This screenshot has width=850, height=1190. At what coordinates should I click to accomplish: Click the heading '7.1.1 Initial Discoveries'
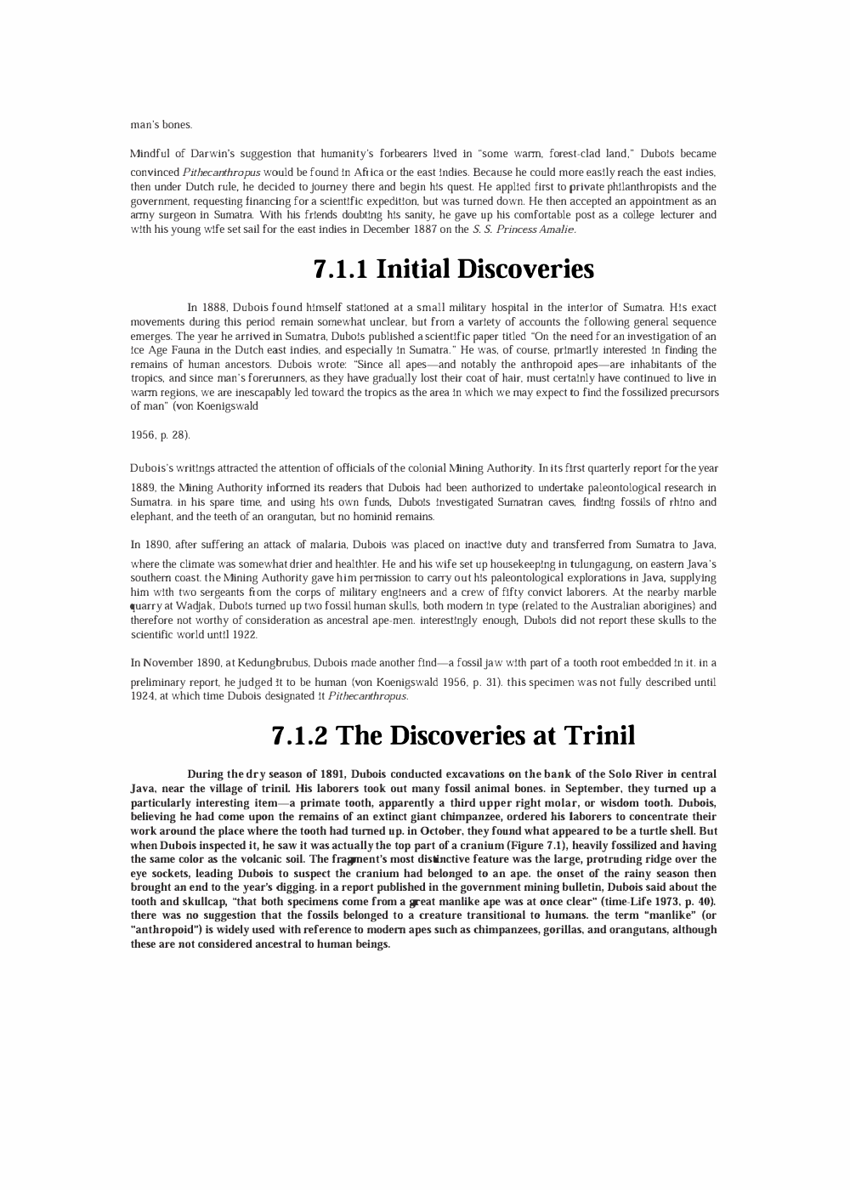(x=453, y=269)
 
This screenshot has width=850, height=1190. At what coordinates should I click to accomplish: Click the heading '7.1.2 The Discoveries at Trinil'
(x=453, y=735)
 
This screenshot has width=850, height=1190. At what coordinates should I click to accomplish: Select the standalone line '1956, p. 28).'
(x=160, y=435)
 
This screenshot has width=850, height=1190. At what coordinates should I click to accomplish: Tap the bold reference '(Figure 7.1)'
(x=538, y=845)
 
